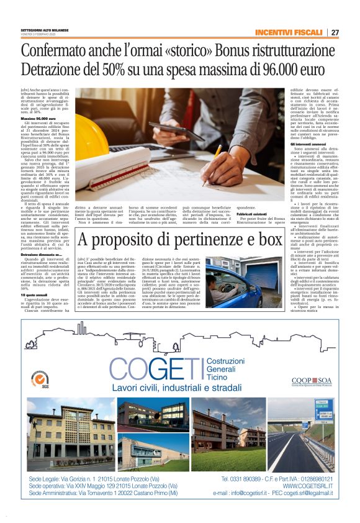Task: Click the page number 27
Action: pos(335,32)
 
